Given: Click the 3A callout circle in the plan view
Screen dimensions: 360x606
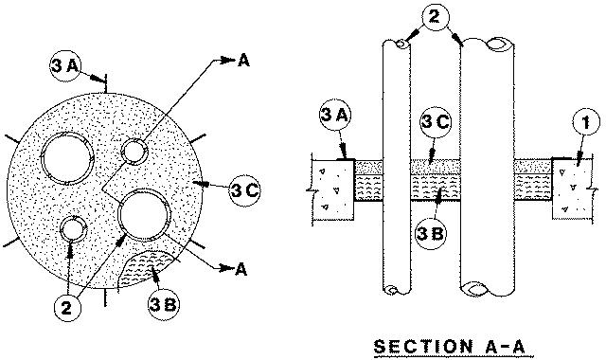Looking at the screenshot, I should pos(64,66).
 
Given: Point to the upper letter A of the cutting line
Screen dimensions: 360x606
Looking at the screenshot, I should pos(244,60).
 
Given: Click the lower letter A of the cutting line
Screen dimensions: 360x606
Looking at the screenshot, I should pos(241,269).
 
